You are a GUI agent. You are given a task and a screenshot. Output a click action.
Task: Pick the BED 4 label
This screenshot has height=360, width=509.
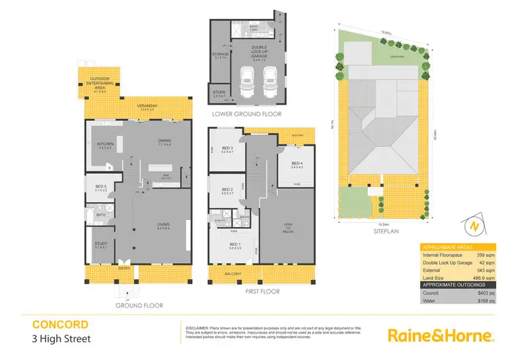click(297, 164)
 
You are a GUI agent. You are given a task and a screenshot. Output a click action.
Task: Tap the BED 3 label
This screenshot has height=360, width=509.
click(227, 149)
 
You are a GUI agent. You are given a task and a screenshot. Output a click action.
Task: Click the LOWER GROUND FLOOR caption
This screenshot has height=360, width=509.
click(246, 114)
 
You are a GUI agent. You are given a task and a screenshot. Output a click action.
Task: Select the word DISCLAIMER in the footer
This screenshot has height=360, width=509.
click(196, 327)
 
